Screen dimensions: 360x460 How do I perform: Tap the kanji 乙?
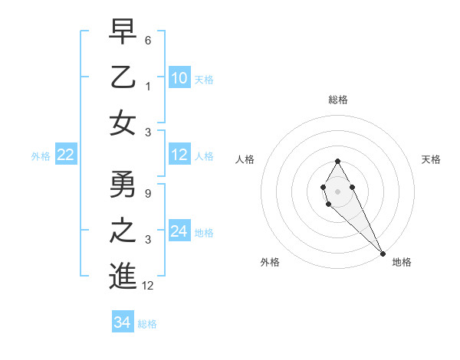click(123, 77)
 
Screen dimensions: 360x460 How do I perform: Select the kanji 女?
click(123, 123)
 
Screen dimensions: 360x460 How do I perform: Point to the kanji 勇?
click(123, 184)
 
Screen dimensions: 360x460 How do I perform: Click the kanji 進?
click(123, 276)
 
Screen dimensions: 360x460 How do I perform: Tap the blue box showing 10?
click(179, 78)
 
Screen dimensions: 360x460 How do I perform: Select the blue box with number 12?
click(179, 155)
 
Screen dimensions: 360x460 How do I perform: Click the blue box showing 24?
click(179, 231)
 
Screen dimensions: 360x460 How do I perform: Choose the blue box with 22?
click(65, 155)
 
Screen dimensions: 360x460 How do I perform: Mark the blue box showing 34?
click(122, 322)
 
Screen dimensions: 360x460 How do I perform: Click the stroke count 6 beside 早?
click(147, 40)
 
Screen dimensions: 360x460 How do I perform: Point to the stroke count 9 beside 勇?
click(147, 193)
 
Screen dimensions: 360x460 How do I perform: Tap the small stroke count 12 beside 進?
click(149, 286)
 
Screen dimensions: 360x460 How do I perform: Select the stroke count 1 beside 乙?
click(147, 87)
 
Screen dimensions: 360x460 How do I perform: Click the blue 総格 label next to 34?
click(147, 324)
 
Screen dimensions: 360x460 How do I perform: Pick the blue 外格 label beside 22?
click(41, 156)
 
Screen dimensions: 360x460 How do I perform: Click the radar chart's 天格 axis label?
click(431, 159)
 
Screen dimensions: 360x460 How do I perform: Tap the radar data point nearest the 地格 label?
click(382, 253)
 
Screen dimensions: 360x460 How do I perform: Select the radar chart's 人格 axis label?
click(245, 159)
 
